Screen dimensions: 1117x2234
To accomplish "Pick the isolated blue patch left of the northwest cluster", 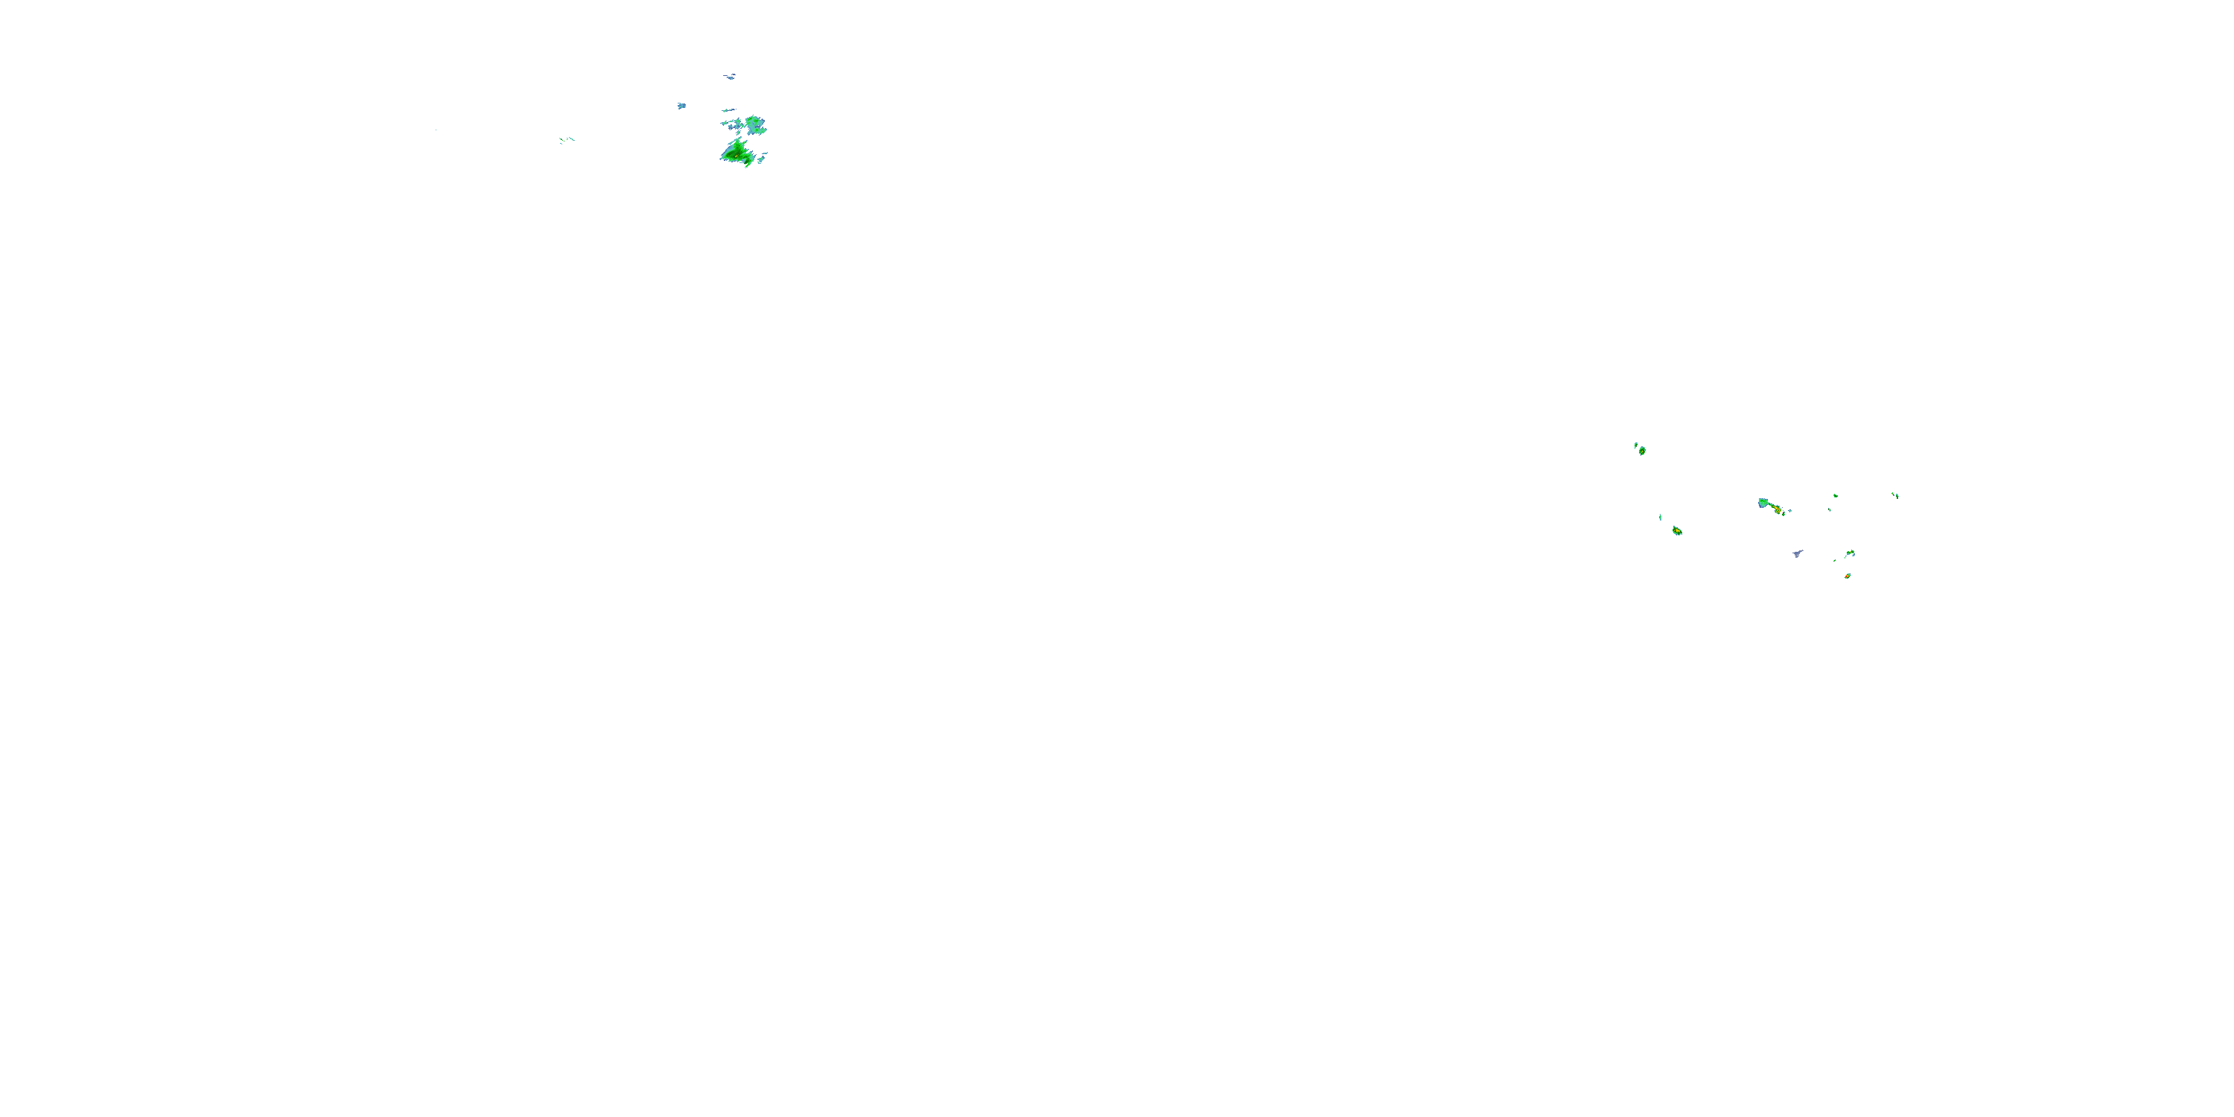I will point(681,106).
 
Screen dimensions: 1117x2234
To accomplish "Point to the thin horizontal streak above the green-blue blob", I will point(728,110).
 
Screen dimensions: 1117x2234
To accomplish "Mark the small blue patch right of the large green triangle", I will point(763,159).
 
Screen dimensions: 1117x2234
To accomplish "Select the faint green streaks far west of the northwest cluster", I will point(566,140).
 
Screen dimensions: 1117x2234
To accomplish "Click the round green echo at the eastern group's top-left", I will point(1642,450).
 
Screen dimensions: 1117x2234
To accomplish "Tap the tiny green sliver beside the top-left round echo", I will point(1635,445).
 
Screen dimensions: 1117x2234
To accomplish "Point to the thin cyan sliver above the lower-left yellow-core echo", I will point(1660,517).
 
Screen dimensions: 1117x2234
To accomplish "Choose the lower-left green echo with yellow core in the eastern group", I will point(1677,530).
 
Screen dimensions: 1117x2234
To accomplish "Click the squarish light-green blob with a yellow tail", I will point(1763,503).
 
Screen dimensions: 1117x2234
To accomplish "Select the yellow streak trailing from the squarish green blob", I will point(1777,509).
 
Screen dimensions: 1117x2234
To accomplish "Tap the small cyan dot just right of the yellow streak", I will point(1790,510).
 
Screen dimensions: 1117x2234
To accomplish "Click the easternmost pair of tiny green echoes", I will point(1895,495).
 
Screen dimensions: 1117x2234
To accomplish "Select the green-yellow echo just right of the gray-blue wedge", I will point(1850,553).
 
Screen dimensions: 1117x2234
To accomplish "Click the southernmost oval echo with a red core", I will point(1848,576).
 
